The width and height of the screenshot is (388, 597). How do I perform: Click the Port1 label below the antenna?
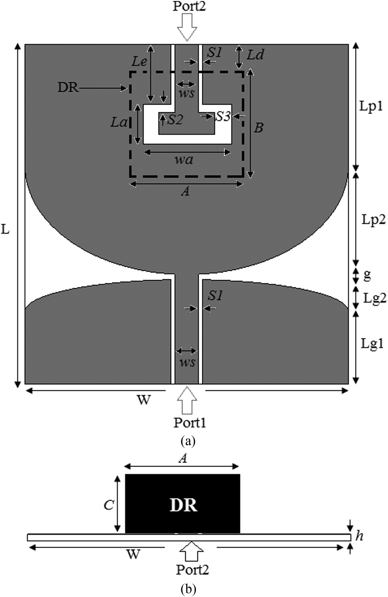(x=190, y=423)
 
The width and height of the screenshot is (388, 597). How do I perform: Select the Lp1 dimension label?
(x=371, y=106)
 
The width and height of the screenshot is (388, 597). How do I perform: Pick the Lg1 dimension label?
(x=372, y=344)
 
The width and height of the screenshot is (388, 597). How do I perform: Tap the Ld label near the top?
(x=255, y=55)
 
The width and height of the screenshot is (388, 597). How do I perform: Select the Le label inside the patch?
(x=139, y=62)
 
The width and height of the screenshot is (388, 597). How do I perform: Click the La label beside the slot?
(x=119, y=122)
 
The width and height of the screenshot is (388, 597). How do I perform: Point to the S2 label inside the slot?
(x=175, y=120)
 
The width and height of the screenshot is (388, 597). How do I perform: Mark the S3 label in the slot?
(x=223, y=116)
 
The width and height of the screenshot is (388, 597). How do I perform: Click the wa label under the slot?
(x=184, y=160)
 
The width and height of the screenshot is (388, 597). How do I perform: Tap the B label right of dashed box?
(x=259, y=128)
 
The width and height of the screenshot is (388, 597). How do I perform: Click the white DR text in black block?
(x=183, y=505)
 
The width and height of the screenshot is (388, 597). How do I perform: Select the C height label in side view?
(x=109, y=505)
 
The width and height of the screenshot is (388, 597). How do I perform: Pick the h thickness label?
(x=359, y=536)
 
